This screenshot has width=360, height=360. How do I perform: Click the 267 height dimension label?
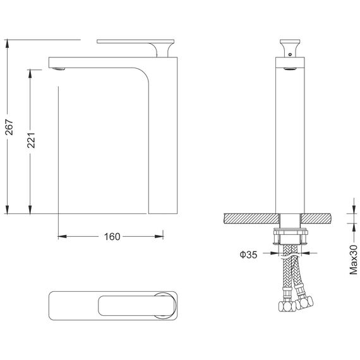coord(9,127)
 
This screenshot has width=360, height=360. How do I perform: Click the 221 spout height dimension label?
coord(31,140)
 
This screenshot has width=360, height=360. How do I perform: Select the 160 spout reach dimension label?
coord(112,237)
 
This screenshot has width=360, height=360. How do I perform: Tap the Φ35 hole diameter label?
coord(248,255)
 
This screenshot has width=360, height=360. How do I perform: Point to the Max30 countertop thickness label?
coord(354,260)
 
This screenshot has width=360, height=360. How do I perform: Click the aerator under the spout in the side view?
coord(59,69)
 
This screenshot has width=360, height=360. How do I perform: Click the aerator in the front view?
coord(290,68)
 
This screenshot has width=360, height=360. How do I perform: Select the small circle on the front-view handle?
coord(290,54)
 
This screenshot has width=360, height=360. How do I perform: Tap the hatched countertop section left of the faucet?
coord(252,218)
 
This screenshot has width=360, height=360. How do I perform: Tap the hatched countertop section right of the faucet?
coord(316,218)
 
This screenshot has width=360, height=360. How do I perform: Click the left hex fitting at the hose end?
coord(287,306)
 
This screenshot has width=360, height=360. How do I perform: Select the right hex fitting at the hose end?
coord(304,303)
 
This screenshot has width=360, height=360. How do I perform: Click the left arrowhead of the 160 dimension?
coord(63,236)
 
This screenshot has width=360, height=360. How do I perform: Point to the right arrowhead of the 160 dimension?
coord(159,236)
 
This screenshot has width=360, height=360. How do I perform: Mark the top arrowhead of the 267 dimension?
coord(7,44)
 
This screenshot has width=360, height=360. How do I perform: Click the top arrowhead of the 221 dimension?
coord(30,74)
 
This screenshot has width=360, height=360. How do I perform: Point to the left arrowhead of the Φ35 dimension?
coord(274,253)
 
